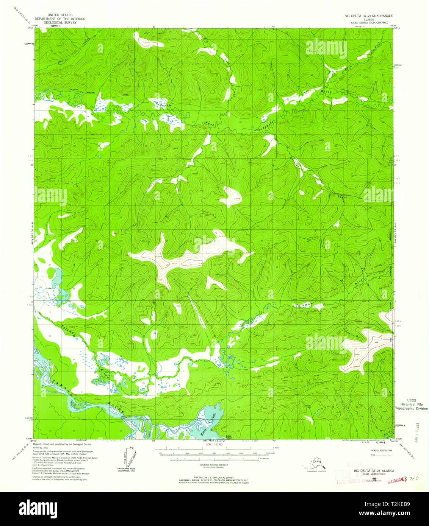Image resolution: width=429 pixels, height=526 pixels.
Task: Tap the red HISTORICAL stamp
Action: click(396, 479)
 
